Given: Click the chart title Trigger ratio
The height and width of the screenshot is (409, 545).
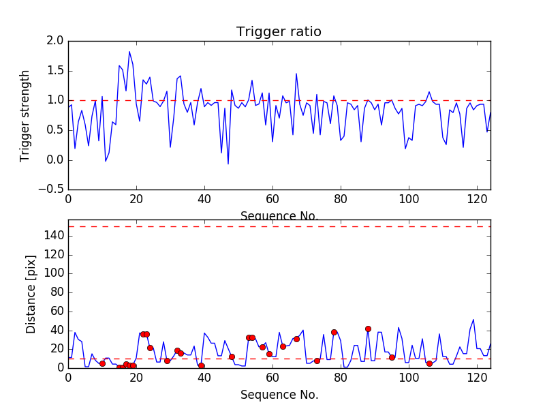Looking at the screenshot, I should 279,32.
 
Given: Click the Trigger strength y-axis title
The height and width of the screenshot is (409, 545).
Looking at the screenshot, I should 25,115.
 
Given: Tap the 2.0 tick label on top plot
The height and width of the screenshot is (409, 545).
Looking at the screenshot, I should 55,41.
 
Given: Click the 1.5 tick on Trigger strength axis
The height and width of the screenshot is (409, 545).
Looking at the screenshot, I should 55,71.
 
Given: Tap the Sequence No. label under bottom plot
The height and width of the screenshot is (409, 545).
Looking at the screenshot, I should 279,395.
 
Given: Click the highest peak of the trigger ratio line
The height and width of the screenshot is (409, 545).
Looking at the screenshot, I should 129,52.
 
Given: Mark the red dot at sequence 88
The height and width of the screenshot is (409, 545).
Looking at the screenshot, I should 368,329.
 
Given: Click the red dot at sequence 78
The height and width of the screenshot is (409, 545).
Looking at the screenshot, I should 334,332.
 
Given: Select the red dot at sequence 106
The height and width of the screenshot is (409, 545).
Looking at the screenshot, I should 429,363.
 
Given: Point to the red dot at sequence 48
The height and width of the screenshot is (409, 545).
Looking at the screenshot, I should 232,357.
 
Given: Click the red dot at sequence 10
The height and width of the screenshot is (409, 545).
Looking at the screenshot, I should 102,363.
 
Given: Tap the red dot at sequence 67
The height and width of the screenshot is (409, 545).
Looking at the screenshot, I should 296,339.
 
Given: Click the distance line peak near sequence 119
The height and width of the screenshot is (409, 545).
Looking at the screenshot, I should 473,320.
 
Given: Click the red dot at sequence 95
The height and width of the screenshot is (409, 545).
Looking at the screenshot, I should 392,357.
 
